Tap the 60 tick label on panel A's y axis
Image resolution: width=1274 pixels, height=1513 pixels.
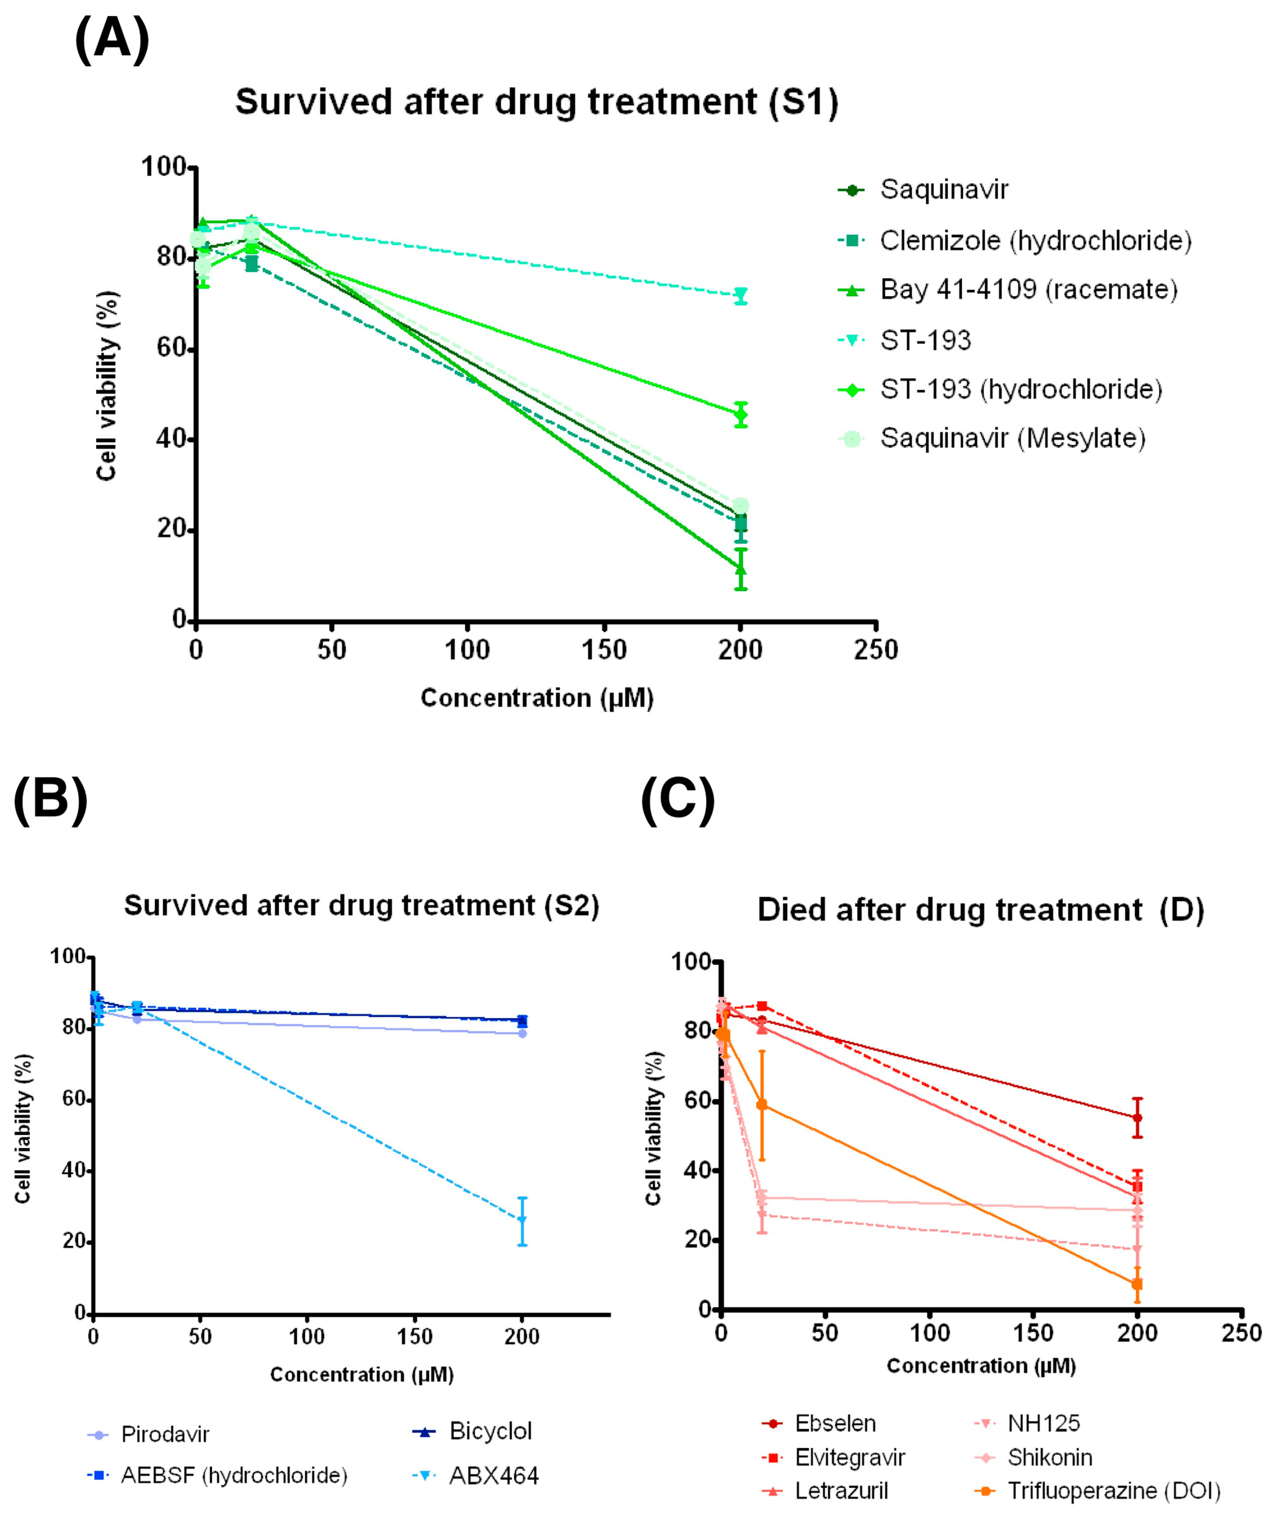click(171, 349)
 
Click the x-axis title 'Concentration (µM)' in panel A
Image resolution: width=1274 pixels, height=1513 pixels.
click(537, 698)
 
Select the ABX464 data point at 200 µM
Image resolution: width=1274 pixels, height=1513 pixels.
click(522, 1220)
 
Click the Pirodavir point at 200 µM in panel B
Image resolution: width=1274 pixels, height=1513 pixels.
click(522, 1034)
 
